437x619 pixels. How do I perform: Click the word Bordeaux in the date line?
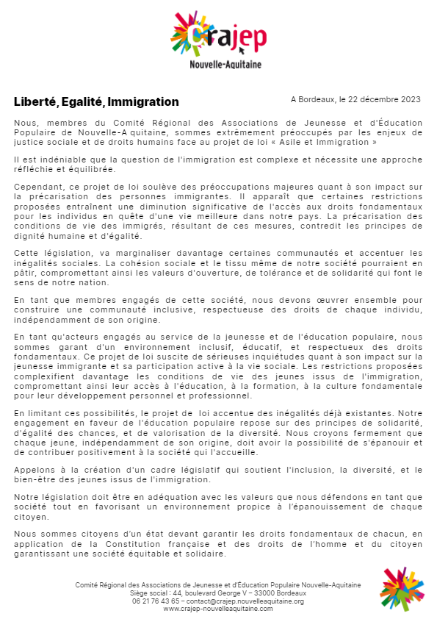(x=317, y=99)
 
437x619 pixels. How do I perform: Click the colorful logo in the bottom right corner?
(x=402, y=588)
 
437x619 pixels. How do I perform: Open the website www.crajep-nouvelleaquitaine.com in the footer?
(x=217, y=609)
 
